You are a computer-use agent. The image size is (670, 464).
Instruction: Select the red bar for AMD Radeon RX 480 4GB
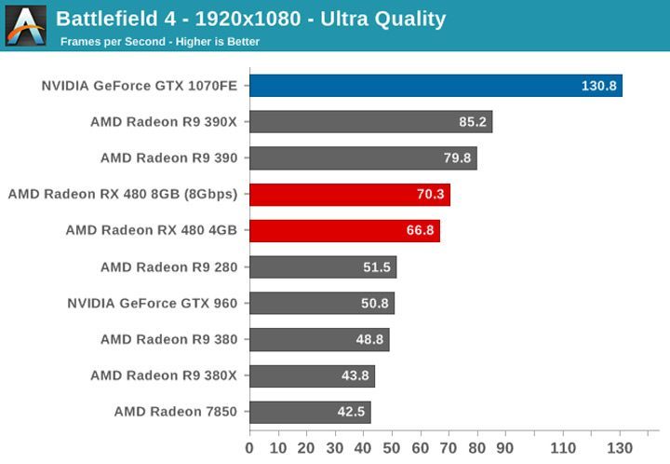344,231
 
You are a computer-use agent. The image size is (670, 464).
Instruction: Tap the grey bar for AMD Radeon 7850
310,412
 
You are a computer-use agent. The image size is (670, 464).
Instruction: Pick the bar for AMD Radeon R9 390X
370,122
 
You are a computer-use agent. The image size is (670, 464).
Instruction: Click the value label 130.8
599,86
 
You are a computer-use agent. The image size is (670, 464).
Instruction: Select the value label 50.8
374,304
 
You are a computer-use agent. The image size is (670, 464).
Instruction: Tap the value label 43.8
355,375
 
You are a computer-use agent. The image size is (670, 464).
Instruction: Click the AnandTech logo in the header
25,25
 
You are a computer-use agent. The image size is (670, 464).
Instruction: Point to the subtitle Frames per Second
159,42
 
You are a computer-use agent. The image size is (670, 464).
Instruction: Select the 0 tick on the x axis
249,448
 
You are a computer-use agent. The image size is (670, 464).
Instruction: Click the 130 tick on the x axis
620,448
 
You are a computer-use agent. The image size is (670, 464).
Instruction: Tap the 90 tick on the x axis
506,448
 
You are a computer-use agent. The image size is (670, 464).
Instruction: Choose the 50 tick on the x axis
392,448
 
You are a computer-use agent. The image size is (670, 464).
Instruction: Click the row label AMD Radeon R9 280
168,267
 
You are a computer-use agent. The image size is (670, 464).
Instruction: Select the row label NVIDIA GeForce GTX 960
152,304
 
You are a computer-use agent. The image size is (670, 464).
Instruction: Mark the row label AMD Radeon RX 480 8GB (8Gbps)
122,195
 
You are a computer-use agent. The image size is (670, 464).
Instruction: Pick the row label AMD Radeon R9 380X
164,375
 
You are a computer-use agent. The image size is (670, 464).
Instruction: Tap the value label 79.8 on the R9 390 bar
457,158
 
